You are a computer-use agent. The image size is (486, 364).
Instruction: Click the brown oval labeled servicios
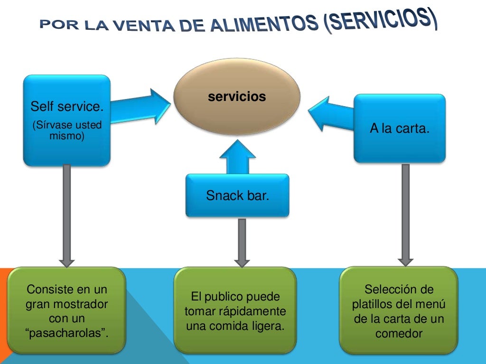(x=237, y=97)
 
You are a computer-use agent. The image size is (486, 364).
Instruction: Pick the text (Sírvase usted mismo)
(x=66, y=131)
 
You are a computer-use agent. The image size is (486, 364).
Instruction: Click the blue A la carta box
(x=400, y=128)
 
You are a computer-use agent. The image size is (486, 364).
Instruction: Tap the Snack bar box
(x=237, y=195)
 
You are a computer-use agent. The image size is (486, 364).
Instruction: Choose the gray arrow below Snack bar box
(x=242, y=242)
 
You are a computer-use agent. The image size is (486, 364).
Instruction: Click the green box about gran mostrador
(x=67, y=310)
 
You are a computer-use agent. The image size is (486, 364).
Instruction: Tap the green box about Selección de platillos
(x=399, y=310)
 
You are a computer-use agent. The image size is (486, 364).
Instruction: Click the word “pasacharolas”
(x=67, y=333)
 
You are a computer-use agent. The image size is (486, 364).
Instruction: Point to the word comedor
(x=399, y=333)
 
